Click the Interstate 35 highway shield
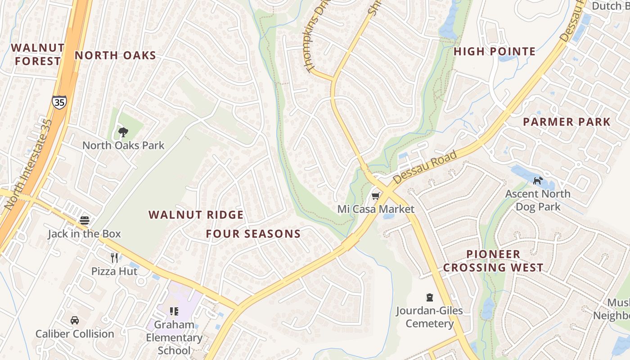coord(59,102)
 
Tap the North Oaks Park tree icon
coord(123,132)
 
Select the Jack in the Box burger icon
coord(85,220)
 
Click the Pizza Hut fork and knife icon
coord(114,258)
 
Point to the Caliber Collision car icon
coord(75,320)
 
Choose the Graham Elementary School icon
coord(174,311)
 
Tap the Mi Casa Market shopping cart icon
coord(375,196)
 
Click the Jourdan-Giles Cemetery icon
coord(430,297)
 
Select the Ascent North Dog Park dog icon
coord(538,181)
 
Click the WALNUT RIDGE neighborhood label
coord(196,215)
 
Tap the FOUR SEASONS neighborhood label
coord(253,234)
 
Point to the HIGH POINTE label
coord(495,52)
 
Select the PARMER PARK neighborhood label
coord(567,122)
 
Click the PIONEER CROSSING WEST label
coord(493,261)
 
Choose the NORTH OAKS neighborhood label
coord(115,56)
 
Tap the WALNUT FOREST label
coord(37,54)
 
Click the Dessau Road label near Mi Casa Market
coord(425,167)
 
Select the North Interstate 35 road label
coord(28,164)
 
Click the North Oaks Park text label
coord(123,146)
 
